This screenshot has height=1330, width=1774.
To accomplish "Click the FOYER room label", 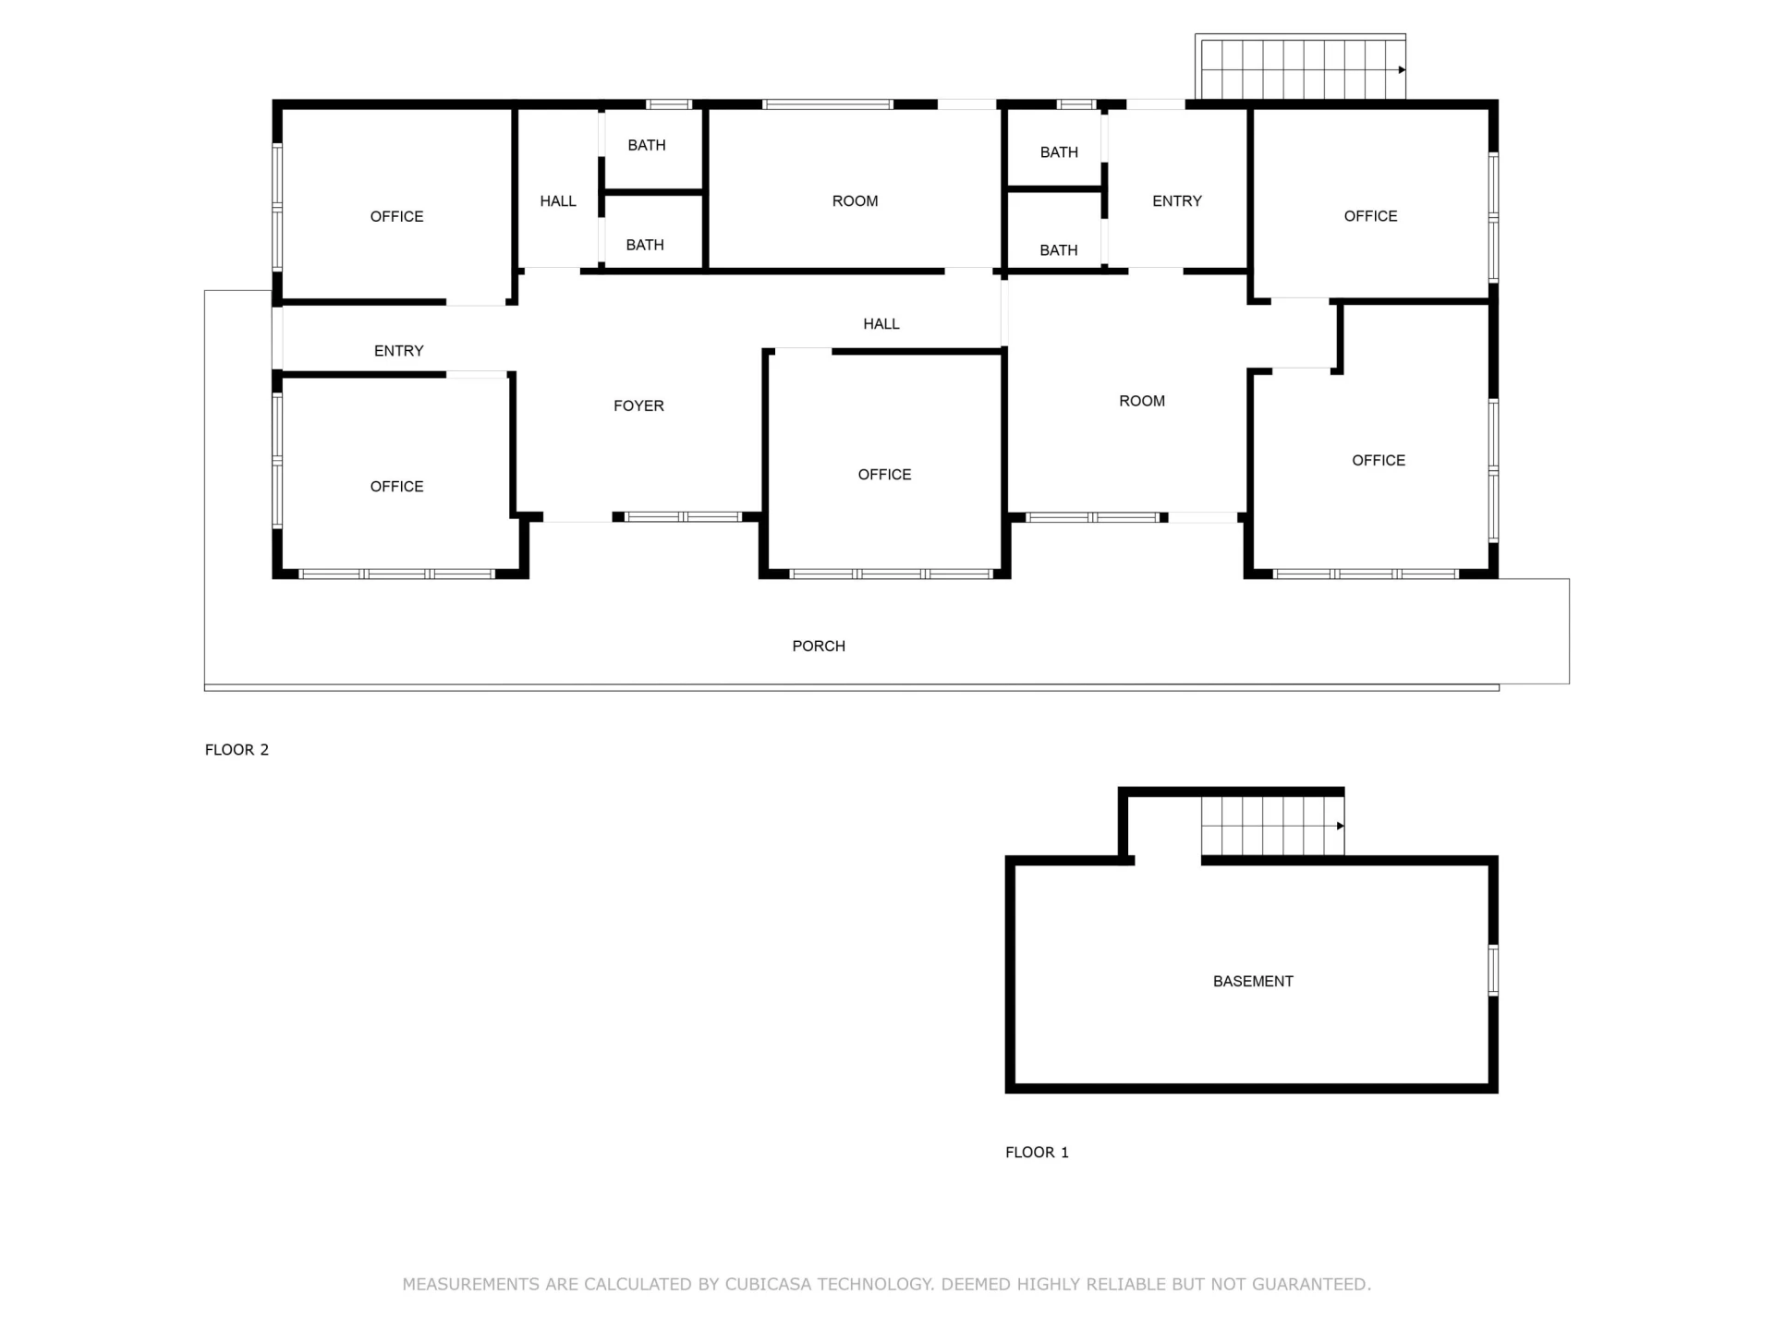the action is tap(638, 405).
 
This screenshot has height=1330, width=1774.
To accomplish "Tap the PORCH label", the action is tap(819, 646).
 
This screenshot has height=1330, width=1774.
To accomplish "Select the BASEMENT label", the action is tap(1253, 981).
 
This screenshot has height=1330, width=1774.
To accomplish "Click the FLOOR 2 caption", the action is tap(237, 749).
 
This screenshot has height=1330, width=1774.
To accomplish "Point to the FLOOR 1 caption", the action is tap(1037, 1152).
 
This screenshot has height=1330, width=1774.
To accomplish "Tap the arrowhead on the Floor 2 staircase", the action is tap(1402, 69).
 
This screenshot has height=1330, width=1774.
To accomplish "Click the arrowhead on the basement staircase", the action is tap(1341, 826).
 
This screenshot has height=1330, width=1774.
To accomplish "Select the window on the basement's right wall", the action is tap(1493, 970).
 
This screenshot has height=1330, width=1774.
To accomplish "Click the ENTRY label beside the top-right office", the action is tap(1177, 200).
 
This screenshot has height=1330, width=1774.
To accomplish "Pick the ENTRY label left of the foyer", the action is tap(399, 350).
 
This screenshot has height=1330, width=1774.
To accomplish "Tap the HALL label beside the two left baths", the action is tap(558, 200).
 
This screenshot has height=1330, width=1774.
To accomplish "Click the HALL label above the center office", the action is tap(881, 323).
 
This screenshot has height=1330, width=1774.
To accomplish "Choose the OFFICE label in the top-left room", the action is tap(397, 216).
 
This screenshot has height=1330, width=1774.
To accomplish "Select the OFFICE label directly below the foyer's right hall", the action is tap(885, 474).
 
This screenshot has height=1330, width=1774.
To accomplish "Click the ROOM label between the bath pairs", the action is tap(856, 200).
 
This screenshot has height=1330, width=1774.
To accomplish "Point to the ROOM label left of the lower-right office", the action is tap(1142, 401).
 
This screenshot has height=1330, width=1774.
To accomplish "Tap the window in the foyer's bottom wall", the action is tap(684, 517).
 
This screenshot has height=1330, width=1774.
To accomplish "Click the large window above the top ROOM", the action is tap(828, 104).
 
